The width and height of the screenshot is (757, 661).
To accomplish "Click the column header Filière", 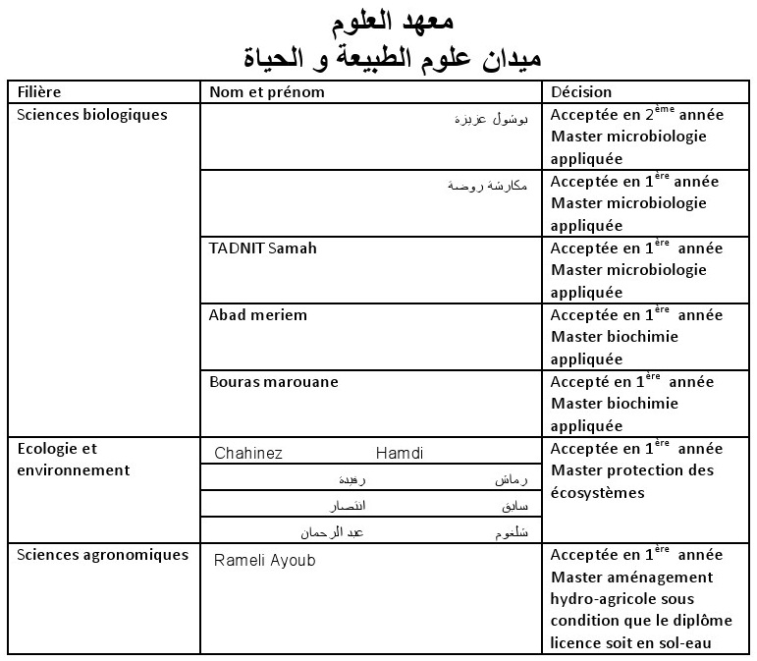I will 39,92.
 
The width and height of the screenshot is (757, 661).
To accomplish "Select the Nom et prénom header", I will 266,92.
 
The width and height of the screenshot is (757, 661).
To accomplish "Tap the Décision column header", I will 581,92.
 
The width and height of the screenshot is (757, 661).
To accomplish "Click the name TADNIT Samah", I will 262,248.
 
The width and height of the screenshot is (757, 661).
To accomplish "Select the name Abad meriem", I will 257,315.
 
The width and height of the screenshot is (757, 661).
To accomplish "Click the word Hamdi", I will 399,454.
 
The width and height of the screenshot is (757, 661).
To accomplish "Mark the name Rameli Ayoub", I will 264,560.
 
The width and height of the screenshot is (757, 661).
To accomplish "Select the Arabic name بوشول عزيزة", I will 492,119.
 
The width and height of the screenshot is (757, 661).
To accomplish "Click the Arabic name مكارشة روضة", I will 487,185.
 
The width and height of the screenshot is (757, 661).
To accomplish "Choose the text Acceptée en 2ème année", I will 636,115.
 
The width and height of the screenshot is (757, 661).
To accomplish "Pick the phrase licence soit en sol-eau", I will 630,643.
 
